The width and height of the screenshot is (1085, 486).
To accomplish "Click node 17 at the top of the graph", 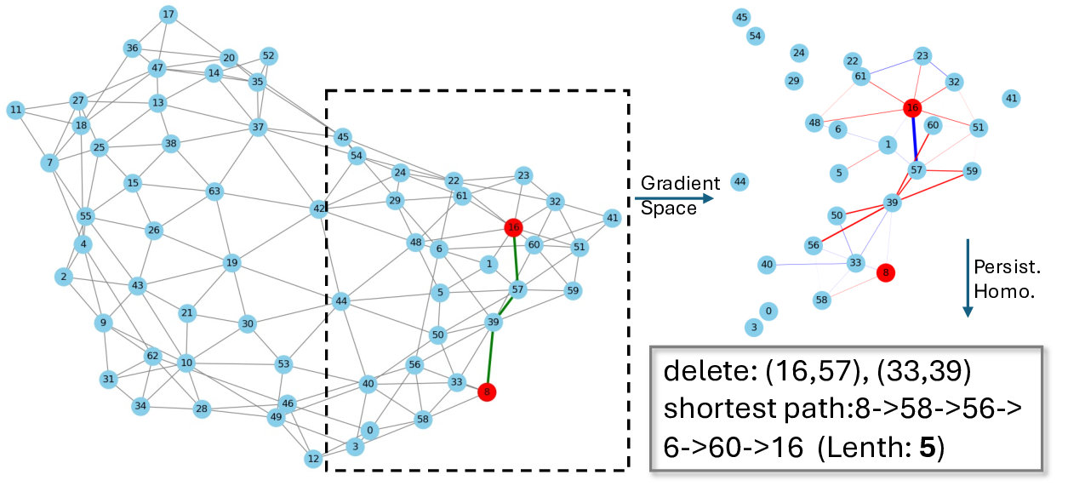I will [168, 14].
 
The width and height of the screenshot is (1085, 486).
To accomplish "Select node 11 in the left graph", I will [15, 110].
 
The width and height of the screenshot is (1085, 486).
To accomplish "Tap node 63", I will [214, 192].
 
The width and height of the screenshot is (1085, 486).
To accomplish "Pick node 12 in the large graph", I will [313, 459].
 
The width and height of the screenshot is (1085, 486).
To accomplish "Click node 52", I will [269, 56].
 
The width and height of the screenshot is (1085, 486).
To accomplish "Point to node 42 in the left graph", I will [318, 209].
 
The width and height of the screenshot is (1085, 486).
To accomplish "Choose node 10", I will [186, 363].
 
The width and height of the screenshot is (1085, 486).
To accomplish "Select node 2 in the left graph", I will [63, 277].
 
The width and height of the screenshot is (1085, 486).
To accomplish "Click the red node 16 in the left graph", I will [513, 227].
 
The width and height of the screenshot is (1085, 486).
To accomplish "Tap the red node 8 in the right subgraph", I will [885, 272].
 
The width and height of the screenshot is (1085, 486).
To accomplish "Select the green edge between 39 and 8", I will [490, 357].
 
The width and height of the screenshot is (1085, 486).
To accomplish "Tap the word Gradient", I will [680, 183].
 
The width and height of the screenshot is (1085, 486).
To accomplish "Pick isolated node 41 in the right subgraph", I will [1011, 99].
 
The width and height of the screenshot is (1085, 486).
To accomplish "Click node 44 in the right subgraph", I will [740, 181].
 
